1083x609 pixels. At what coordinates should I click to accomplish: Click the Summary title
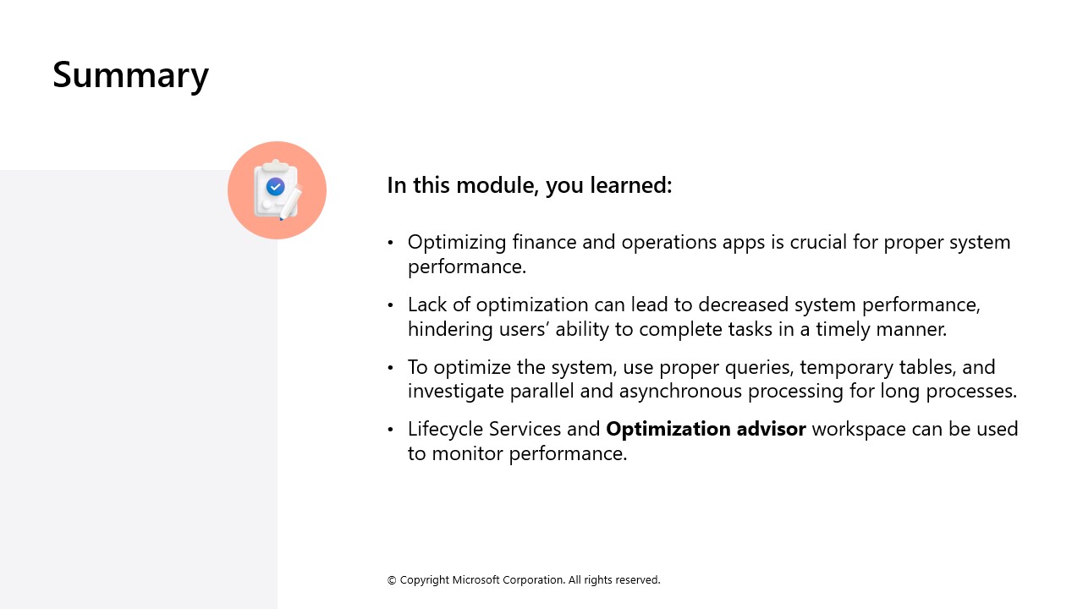[x=130, y=74]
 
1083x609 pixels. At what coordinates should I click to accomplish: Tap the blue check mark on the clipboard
[x=275, y=187]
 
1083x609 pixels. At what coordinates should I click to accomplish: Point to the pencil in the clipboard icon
[x=290, y=203]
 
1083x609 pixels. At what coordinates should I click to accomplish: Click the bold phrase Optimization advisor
[x=706, y=430]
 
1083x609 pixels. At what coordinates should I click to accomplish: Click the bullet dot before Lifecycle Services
[x=391, y=431]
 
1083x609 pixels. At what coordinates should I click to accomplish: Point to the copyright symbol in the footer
[x=392, y=580]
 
